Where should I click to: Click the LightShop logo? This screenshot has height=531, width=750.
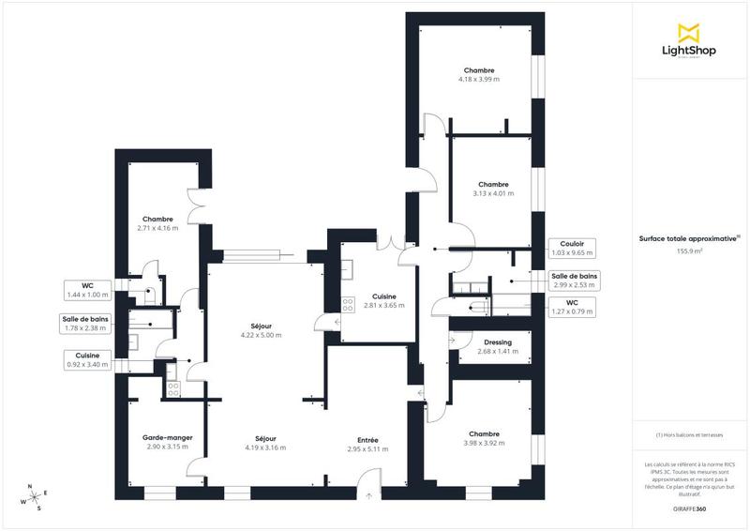(691, 42)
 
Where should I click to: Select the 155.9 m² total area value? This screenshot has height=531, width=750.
(691, 251)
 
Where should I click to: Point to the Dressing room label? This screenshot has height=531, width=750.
(490, 347)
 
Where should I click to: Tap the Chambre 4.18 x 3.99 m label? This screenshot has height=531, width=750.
(478, 75)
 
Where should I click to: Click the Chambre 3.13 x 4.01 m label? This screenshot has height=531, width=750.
(492, 189)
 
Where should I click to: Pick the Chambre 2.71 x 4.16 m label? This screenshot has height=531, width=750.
(157, 223)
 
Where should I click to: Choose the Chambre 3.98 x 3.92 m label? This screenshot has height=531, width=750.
(484, 438)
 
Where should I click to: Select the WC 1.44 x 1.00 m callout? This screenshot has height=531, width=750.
(87, 290)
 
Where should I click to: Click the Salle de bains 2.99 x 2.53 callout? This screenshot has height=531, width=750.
(574, 281)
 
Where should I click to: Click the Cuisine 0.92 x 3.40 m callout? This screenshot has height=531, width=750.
(87, 359)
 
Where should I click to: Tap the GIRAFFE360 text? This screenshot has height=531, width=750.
(691, 508)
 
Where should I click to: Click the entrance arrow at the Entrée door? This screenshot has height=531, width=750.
(368, 494)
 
